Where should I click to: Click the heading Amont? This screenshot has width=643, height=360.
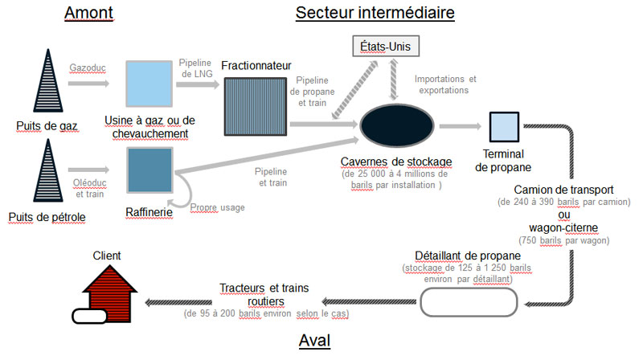(89, 14)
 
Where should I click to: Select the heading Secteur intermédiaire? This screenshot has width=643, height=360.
(375, 14)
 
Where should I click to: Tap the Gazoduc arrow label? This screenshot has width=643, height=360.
(88, 69)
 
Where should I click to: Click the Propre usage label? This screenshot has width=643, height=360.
(217, 207)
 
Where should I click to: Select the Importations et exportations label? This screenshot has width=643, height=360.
(445, 84)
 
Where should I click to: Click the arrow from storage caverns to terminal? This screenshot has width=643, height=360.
(460, 126)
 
